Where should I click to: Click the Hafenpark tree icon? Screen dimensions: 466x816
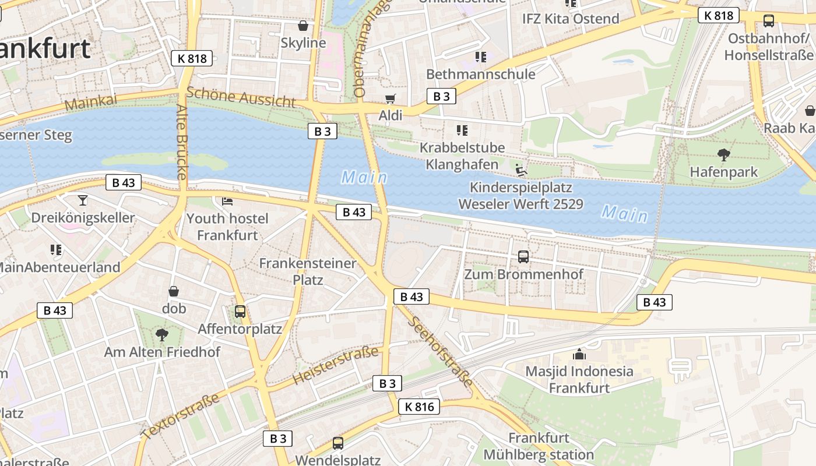723,155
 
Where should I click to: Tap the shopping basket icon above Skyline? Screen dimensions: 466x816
303,26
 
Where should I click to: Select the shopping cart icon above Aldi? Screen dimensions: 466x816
390,99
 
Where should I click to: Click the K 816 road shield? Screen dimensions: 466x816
419,407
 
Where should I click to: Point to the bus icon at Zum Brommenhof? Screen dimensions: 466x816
523,256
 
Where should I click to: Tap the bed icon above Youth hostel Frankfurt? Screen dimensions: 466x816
227,202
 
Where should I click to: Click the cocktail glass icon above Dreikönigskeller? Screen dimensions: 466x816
83,200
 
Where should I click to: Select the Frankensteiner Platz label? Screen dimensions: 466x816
307,271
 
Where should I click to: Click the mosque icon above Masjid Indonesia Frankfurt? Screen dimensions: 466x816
579,354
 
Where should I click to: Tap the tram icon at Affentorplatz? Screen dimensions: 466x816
240,312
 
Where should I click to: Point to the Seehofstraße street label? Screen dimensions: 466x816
441,351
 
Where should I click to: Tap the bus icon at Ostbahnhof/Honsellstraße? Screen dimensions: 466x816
768,21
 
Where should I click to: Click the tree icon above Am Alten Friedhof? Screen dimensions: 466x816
161,335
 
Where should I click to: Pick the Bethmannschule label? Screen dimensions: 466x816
480,74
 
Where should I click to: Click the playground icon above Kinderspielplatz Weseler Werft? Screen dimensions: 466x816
521,170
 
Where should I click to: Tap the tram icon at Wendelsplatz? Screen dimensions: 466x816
337,443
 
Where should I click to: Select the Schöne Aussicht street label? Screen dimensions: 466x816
241,97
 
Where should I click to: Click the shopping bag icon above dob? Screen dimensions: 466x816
173,291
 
